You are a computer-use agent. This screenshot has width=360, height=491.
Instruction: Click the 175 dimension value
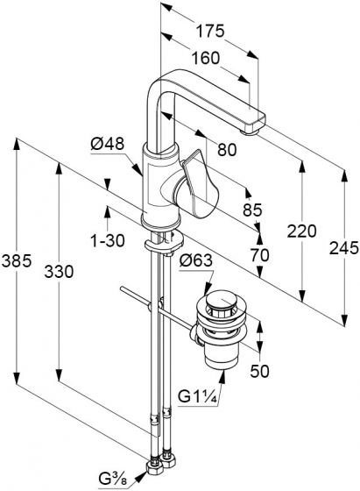(210, 31)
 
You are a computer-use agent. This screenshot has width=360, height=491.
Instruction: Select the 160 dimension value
(206, 58)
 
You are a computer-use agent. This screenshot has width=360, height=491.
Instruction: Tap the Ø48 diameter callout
(107, 144)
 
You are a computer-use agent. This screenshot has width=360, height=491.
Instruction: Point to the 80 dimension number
(227, 150)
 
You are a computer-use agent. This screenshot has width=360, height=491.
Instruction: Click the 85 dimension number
(252, 210)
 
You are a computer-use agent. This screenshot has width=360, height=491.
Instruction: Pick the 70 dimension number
(259, 255)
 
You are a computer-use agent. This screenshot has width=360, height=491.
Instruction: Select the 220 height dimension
(302, 231)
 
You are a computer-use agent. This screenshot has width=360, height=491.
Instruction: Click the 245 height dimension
(344, 248)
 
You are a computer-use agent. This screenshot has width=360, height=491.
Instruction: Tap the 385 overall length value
(17, 261)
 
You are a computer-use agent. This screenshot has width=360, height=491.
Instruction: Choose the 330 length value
(59, 271)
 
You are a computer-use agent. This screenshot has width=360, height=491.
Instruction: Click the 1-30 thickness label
(107, 241)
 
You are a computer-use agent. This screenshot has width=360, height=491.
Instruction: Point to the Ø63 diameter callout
(196, 260)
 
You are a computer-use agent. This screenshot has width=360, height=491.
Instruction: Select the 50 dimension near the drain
(259, 372)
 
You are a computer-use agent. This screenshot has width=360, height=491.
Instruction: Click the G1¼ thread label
(197, 396)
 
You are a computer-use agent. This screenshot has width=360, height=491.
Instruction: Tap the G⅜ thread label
(113, 479)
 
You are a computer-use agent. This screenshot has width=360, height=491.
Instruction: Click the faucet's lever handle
(198, 185)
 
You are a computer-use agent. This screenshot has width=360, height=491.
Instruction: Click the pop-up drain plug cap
(222, 301)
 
